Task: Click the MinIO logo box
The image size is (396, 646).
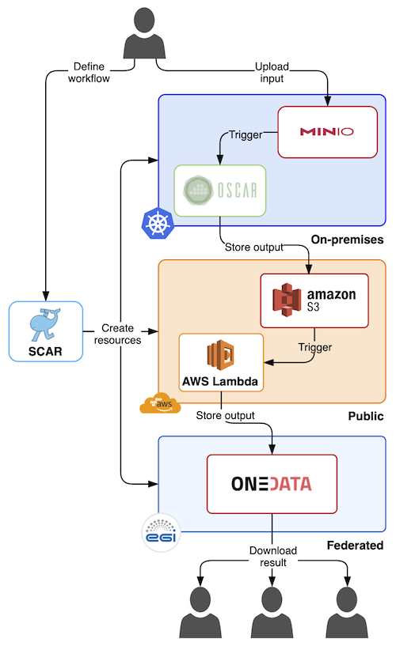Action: [328, 132]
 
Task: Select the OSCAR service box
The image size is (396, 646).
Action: [220, 191]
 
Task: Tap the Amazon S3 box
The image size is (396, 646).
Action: [314, 300]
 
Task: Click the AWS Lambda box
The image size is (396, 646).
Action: [221, 362]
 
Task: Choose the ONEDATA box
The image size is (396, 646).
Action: [272, 484]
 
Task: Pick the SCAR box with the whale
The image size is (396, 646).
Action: [46, 331]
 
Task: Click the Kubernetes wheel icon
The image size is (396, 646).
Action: [158, 223]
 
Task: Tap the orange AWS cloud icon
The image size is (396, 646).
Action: [161, 403]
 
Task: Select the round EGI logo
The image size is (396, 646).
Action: [161, 532]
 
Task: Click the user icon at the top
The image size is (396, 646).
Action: [144, 33]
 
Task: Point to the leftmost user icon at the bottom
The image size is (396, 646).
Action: [200, 612]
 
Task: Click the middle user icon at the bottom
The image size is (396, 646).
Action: [272, 612]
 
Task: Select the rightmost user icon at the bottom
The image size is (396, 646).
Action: [347, 612]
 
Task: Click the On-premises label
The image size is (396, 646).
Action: [348, 240]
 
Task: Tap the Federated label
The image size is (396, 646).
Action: [355, 546]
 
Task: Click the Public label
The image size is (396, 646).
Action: [366, 416]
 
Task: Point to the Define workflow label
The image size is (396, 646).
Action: [89, 73]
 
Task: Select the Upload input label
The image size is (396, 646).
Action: [272, 73]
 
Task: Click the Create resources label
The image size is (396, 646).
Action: [117, 334]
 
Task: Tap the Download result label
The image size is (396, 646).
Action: [273, 557]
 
